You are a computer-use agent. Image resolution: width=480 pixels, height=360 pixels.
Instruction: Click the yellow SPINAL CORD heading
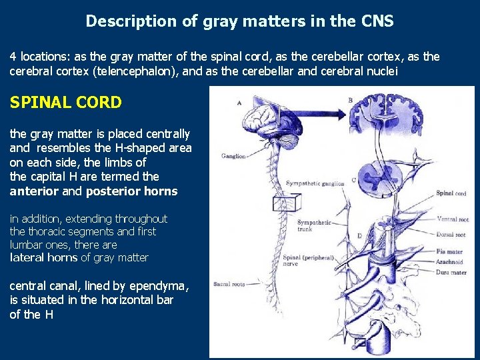click(65, 103)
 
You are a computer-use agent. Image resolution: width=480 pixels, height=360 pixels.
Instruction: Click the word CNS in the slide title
click(378, 21)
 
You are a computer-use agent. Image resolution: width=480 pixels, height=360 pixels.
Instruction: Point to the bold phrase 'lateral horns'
click(45, 257)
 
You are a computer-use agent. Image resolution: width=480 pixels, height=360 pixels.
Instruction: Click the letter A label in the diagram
click(239, 103)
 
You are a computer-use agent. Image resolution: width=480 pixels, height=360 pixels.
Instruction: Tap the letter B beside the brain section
click(351, 100)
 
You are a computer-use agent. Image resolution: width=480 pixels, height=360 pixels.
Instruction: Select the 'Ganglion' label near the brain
click(233, 156)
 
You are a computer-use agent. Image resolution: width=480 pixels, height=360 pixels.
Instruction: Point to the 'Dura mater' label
click(451, 272)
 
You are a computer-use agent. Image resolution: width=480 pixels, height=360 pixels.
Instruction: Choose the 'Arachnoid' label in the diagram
click(451, 262)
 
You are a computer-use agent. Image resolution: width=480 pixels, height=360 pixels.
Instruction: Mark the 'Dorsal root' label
click(451, 235)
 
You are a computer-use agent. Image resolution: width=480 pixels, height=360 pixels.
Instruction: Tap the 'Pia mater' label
click(451, 252)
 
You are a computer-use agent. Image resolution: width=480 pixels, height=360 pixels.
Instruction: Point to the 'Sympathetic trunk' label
click(313, 225)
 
